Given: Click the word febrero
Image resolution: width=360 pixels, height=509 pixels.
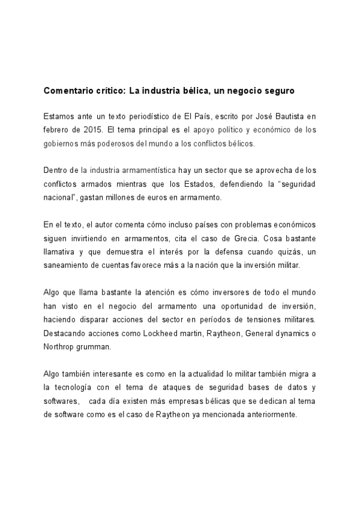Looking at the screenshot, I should pyautogui.click(x=58, y=129).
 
